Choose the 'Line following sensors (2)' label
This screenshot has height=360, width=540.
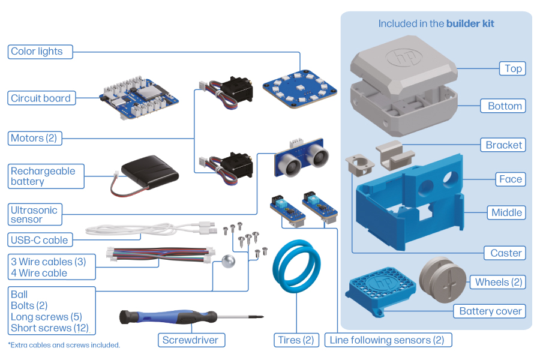[388, 340]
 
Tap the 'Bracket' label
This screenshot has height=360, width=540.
[504, 145]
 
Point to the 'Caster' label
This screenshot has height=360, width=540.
[505, 253]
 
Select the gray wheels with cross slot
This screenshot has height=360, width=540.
[442, 282]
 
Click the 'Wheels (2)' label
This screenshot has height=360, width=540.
[499, 282]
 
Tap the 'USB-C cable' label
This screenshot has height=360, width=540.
[40, 240]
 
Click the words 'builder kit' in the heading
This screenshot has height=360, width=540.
[470, 24]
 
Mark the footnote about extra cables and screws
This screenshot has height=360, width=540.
[64, 345]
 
